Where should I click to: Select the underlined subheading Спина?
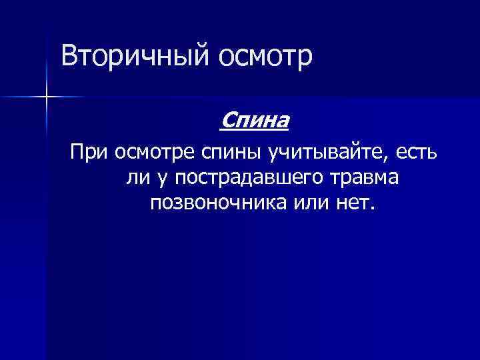254,122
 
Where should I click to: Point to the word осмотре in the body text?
154,156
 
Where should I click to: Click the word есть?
416,155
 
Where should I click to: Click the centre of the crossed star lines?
47,97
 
